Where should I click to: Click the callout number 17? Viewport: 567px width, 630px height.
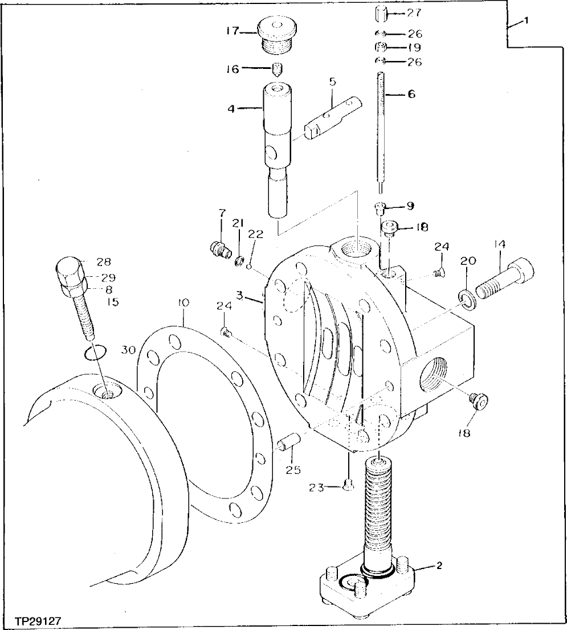click(x=233, y=31)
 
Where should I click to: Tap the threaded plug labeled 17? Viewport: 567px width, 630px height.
click(x=277, y=35)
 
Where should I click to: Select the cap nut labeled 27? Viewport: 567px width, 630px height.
click(x=382, y=13)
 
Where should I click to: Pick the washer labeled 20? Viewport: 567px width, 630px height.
click(x=467, y=298)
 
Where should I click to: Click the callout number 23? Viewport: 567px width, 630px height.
click(x=317, y=487)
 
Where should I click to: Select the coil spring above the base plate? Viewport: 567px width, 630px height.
click(x=378, y=501)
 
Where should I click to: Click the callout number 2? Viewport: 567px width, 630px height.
click(x=439, y=566)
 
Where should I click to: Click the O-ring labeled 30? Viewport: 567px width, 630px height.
click(x=93, y=353)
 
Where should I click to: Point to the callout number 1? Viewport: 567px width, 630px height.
click(x=526, y=20)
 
